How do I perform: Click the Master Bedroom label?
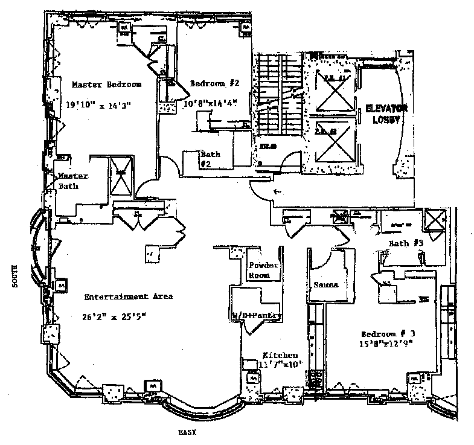click(106, 84)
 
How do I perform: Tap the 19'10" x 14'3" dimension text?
click(99, 104)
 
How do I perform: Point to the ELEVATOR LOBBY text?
click(386, 114)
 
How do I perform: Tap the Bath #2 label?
click(210, 158)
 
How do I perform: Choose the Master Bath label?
click(73, 181)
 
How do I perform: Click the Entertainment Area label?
click(128, 296)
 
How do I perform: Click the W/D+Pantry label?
click(257, 315)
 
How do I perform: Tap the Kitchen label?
click(280, 356)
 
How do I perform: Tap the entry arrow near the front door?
click(278, 192)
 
